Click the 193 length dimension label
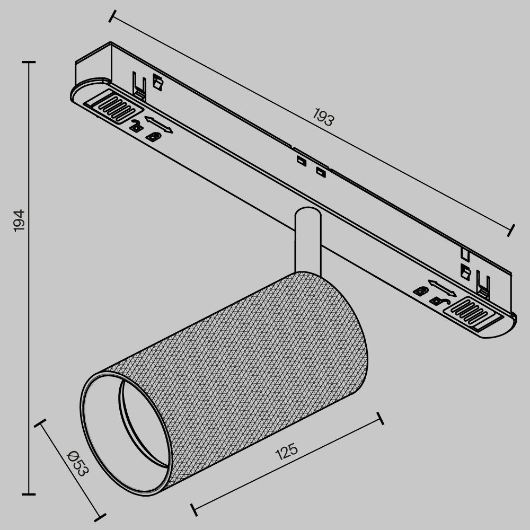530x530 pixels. [x=323, y=117]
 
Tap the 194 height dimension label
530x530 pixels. [x=19, y=220]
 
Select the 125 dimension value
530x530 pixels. [x=287, y=451]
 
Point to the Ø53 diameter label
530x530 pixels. [x=77, y=463]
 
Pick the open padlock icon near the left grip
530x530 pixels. [x=136, y=126]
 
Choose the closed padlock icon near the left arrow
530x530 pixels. [x=154, y=137]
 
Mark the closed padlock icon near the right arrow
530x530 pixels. [x=421, y=290]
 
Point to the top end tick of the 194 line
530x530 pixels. [x=29, y=62]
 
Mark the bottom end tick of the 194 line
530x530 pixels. [x=29, y=494]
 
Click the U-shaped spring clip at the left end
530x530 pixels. [x=139, y=85]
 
